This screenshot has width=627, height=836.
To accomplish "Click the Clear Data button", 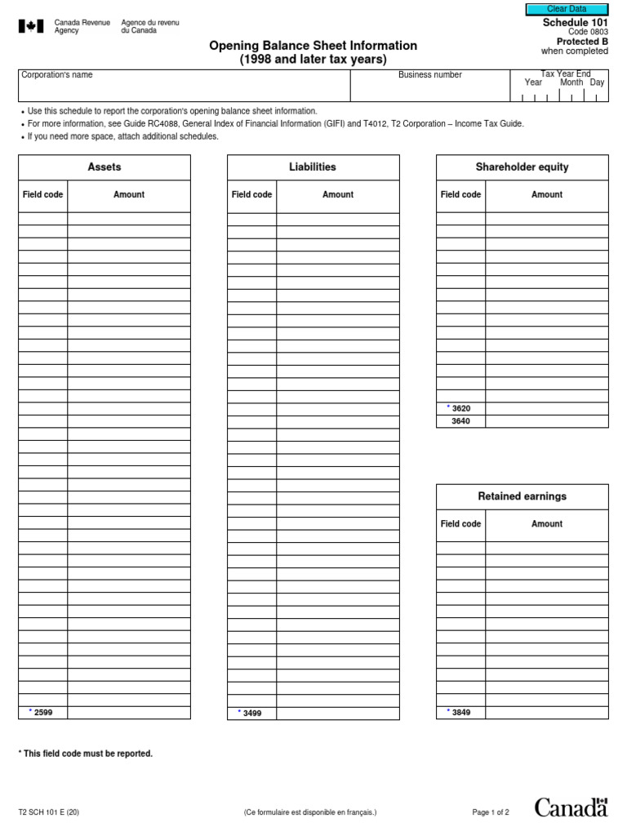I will [567, 9].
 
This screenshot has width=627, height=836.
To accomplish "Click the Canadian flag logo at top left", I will [30, 27].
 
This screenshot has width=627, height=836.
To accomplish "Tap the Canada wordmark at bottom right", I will [571, 807].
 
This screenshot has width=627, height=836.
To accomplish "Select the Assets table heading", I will [104, 167].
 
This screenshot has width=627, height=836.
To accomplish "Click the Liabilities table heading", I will [313, 167].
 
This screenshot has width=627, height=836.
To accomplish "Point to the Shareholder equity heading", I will [522, 167].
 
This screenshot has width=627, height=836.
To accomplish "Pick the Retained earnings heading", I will [522, 496].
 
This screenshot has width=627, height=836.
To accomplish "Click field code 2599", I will [42, 713].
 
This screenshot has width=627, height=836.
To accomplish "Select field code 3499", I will [251, 713].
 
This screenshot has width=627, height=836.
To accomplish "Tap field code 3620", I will [460, 408].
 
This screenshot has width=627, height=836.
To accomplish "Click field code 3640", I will [460, 421].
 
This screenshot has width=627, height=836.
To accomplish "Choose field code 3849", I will [460, 713].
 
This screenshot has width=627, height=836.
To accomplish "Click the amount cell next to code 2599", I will [129, 713].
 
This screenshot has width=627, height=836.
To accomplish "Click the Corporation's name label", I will [57, 75].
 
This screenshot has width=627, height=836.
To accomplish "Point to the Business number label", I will [430, 75].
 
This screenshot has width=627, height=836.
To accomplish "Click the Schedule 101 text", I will [575, 22].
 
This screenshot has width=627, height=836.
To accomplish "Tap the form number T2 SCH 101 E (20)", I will [49, 812].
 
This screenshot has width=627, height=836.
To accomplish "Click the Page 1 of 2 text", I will [491, 812].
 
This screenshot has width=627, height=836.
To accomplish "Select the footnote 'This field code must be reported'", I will [86, 754].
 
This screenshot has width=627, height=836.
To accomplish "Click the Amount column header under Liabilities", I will [338, 195].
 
